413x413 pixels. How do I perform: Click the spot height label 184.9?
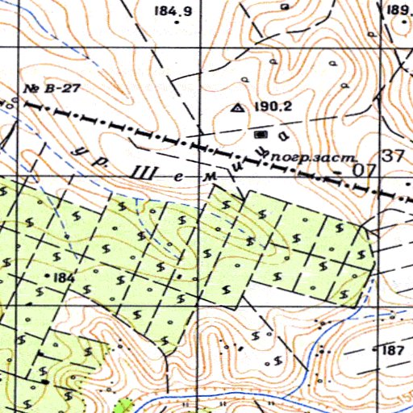click(172, 11)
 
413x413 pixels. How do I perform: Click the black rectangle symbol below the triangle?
click(260, 129)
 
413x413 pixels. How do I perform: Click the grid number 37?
click(394, 156)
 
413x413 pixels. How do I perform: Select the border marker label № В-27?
click(50, 89)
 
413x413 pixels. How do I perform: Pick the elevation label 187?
click(391, 349)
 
